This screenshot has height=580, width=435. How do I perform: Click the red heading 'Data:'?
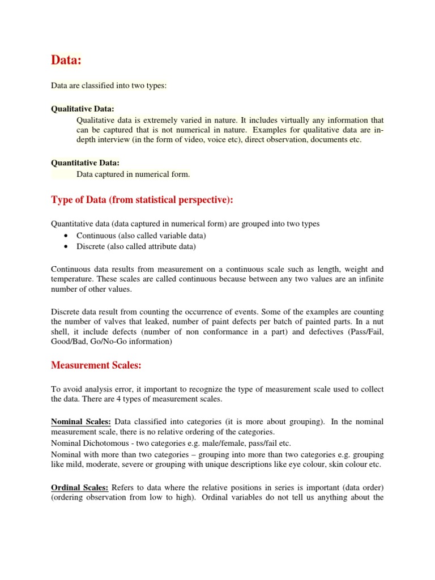point(67,60)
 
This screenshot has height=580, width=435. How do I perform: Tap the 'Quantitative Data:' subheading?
point(85,163)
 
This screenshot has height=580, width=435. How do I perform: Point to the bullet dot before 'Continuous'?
point(67,236)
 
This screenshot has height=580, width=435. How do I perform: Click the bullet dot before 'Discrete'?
point(67,246)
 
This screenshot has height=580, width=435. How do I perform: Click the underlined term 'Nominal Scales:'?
point(81,422)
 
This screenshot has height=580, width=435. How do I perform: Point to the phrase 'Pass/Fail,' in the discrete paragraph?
point(366,332)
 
